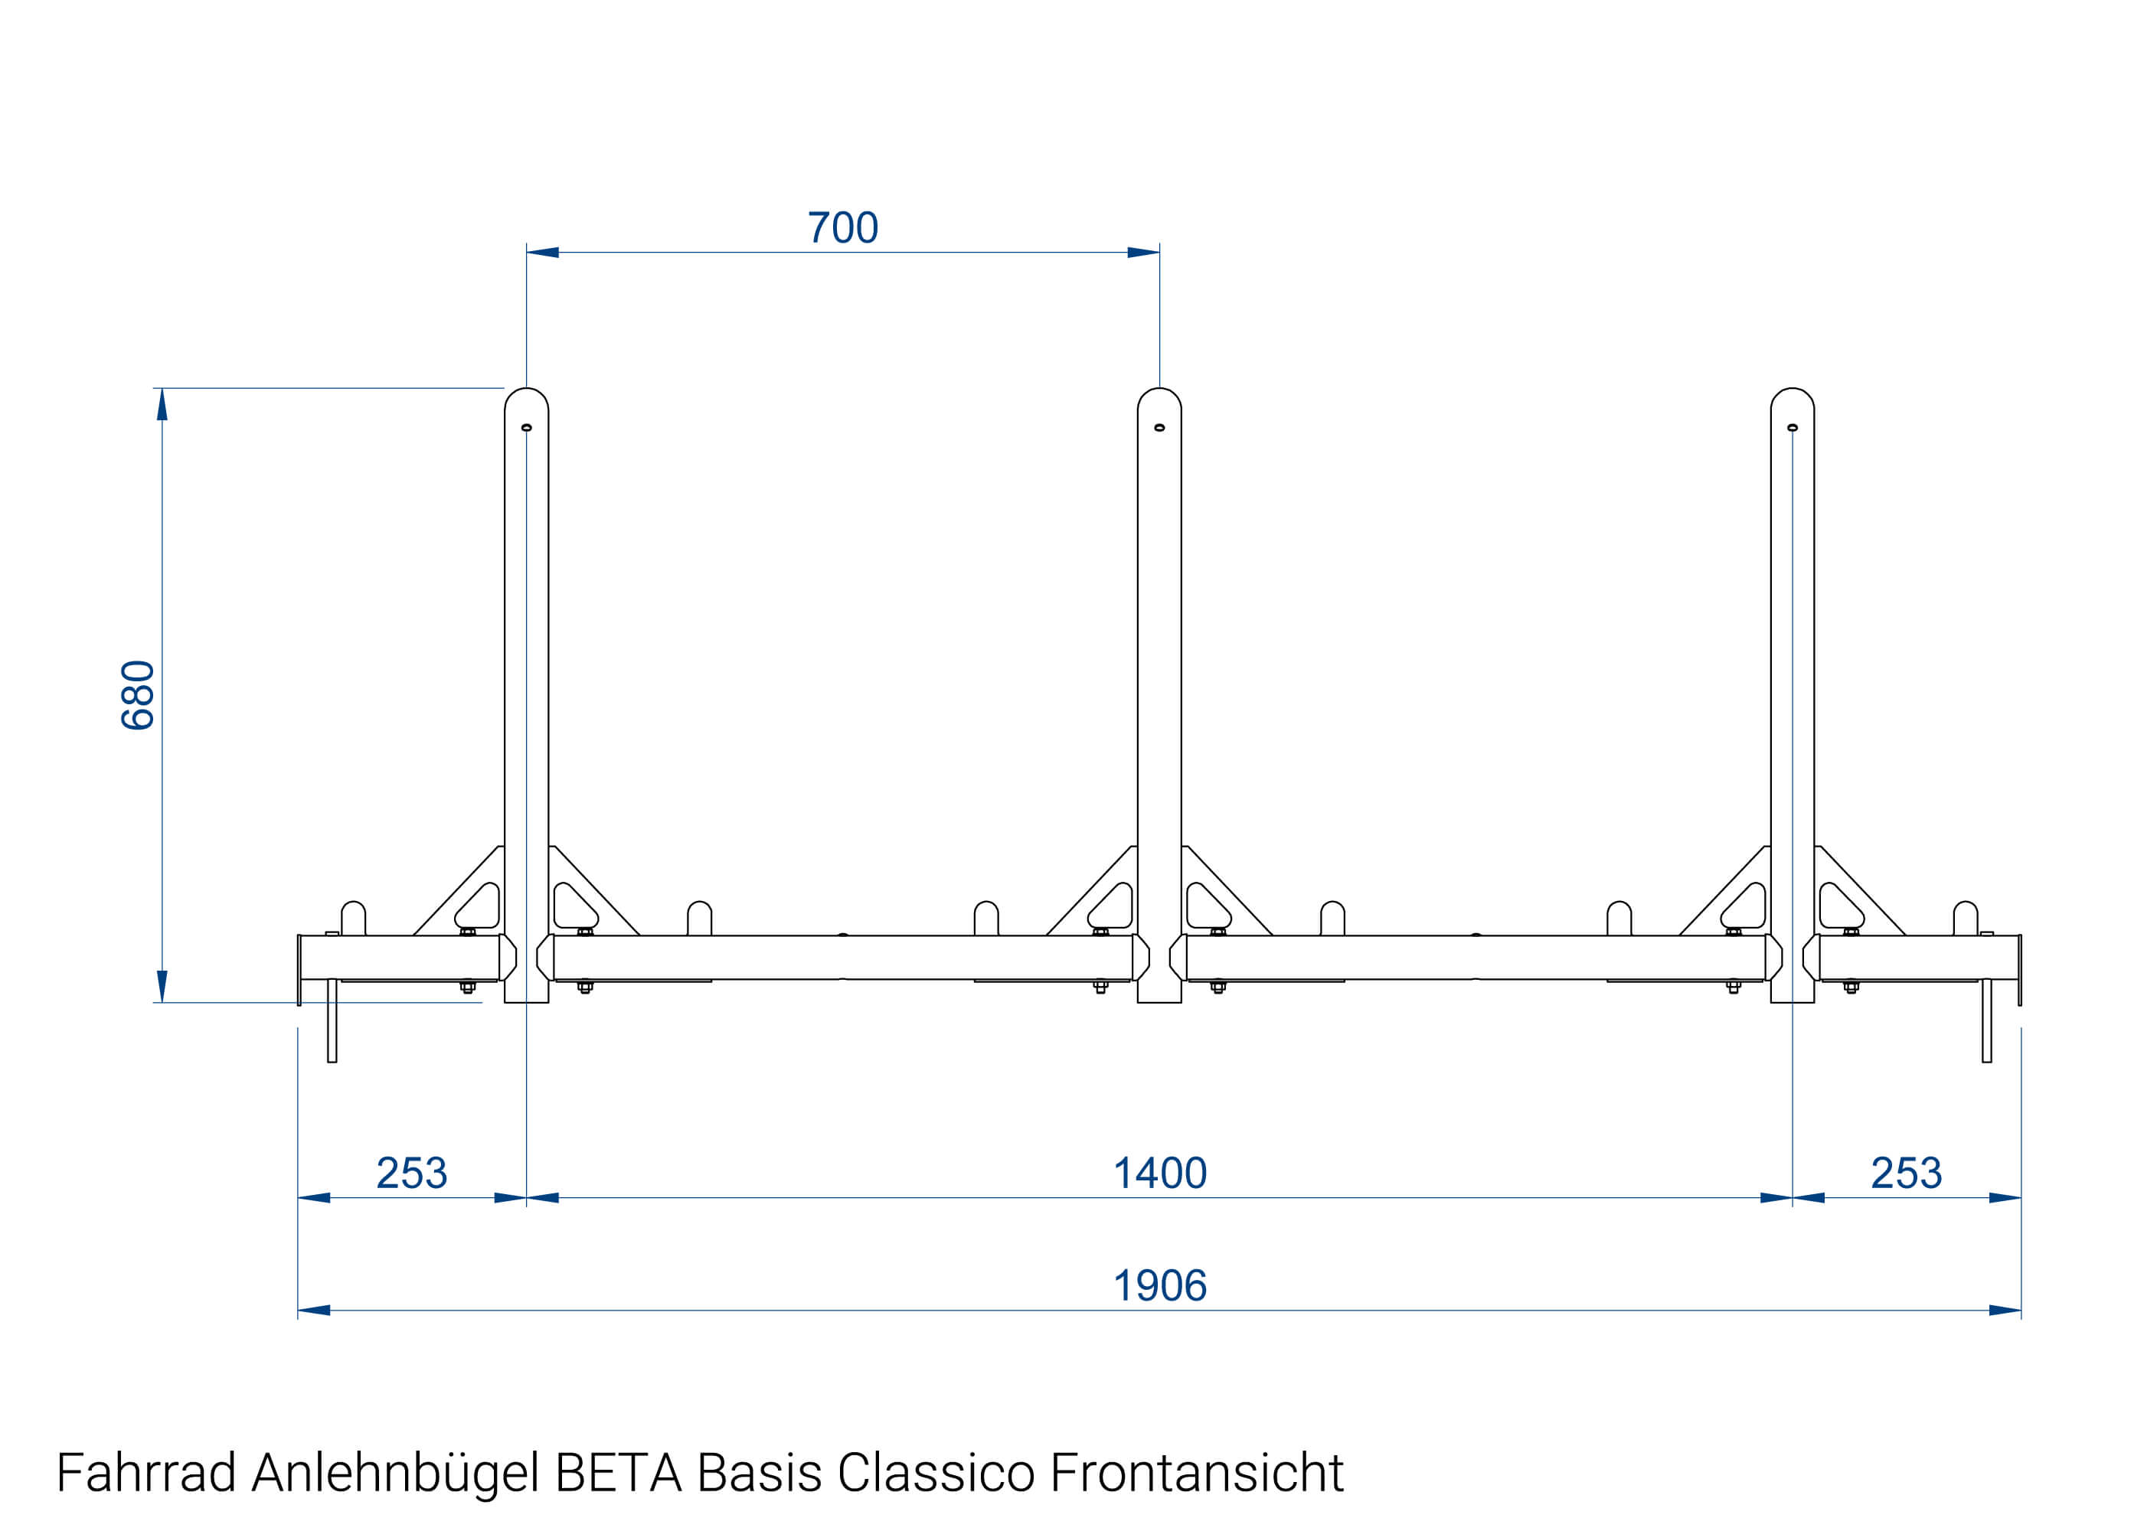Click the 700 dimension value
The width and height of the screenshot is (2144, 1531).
[842, 228]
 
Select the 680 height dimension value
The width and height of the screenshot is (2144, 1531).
[138, 695]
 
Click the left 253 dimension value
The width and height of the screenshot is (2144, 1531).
[411, 1174]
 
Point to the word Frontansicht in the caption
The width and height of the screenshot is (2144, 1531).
[1195, 1473]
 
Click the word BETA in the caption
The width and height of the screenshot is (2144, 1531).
[618, 1473]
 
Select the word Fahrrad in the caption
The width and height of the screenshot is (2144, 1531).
[146, 1473]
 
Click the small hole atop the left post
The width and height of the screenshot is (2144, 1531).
[526, 428]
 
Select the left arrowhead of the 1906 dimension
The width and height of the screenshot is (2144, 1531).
[314, 1311]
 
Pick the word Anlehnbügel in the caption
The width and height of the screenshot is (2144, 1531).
[395, 1473]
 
